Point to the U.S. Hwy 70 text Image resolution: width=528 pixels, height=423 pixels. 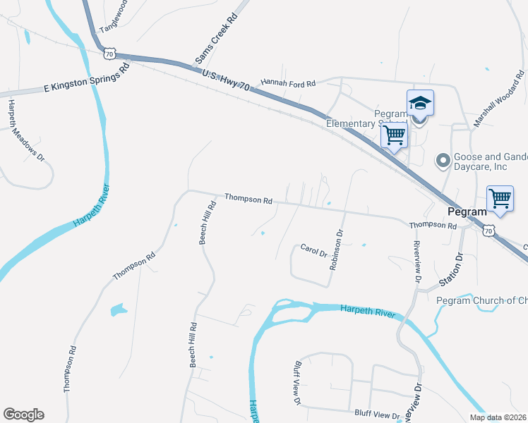[x=225, y=79]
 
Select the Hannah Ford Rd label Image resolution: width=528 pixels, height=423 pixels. [x=288, y=83]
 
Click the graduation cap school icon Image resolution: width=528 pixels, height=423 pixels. [x=420, y=103]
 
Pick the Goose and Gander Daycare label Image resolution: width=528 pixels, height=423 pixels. [x=487, y=162]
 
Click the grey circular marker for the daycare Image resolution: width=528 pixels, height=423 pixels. [x=443, y=161]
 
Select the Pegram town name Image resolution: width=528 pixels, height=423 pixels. [x=467, y=211]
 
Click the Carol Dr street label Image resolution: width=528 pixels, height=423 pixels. [x=313, y=250]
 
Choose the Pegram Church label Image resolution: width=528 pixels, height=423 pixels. [x=482, y=301]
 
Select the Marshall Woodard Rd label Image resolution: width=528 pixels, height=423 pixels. [x=498, y=98]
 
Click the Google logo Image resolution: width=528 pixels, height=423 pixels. [x=23, y=415]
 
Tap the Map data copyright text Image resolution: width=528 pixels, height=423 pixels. [x=498, y=417]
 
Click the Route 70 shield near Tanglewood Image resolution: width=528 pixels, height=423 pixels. [x=108, y=53]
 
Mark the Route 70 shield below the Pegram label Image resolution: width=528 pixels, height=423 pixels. [x=488, y=230]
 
